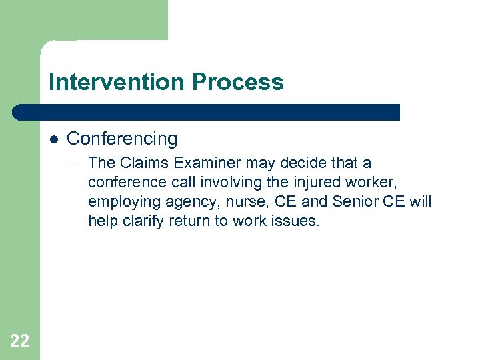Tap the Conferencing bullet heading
click(122, 139)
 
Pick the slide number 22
click(20, 341)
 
